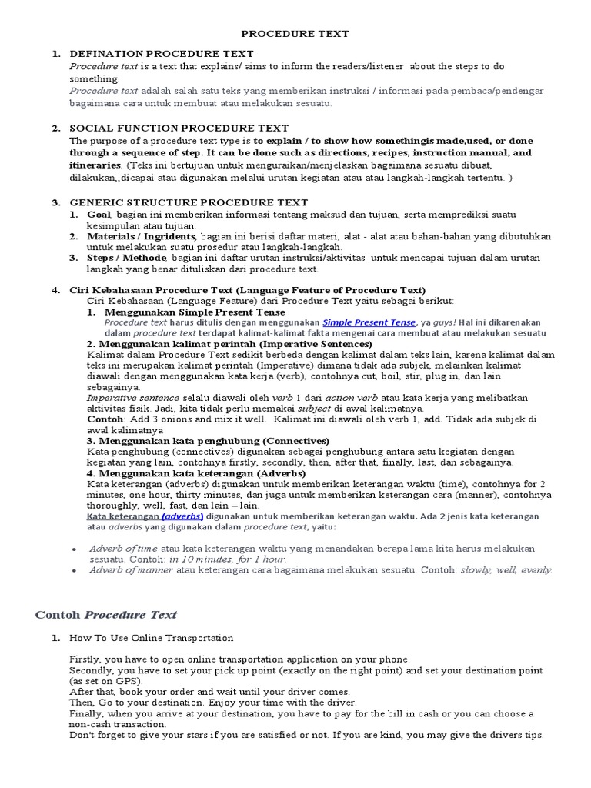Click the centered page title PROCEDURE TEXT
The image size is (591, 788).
point(295,34)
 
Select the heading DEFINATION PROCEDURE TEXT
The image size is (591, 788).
point(161,54)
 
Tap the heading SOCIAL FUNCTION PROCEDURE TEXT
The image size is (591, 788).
point(179,129)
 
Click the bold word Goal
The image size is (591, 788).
point(99,214)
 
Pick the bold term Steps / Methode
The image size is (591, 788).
point(127,258)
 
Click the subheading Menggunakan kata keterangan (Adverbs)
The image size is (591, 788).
point(202,473)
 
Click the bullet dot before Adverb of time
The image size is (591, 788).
point(72,549)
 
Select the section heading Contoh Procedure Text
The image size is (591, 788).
point(106,614)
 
